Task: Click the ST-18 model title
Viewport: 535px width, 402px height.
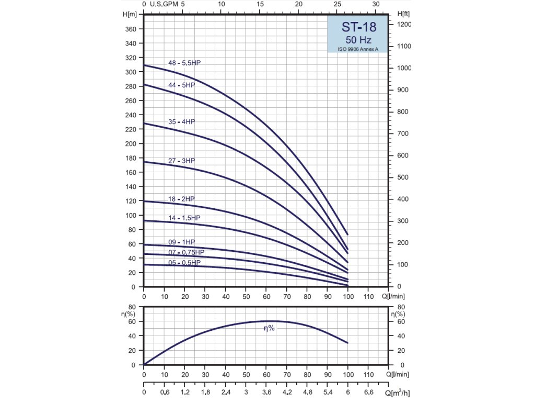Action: tap(358, 27)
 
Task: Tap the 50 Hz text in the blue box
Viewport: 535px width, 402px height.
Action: tap(358, 39)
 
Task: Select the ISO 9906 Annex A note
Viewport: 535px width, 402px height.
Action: tap(358, 49)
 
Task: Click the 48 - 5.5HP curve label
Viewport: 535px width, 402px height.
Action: tap(184, 63)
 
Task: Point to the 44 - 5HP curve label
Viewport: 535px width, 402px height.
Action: tap(181, 85)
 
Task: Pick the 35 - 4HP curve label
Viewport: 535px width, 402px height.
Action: tap(181, 122)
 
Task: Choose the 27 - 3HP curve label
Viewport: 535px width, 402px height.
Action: tap(181, 161)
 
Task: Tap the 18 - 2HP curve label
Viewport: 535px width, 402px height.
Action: tap(181, 199)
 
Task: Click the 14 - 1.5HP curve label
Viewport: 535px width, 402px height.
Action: tap(184, 218)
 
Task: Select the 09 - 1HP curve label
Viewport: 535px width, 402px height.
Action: tap(181, 242)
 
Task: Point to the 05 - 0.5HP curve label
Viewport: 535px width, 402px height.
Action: tap(184, 263)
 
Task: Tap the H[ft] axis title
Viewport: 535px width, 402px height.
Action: tap(403, 14)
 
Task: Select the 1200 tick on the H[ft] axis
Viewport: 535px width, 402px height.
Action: tap(404, 25)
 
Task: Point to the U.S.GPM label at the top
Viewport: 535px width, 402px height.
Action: tap(164, 4)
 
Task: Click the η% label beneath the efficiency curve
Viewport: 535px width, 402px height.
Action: tap(269, 328)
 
